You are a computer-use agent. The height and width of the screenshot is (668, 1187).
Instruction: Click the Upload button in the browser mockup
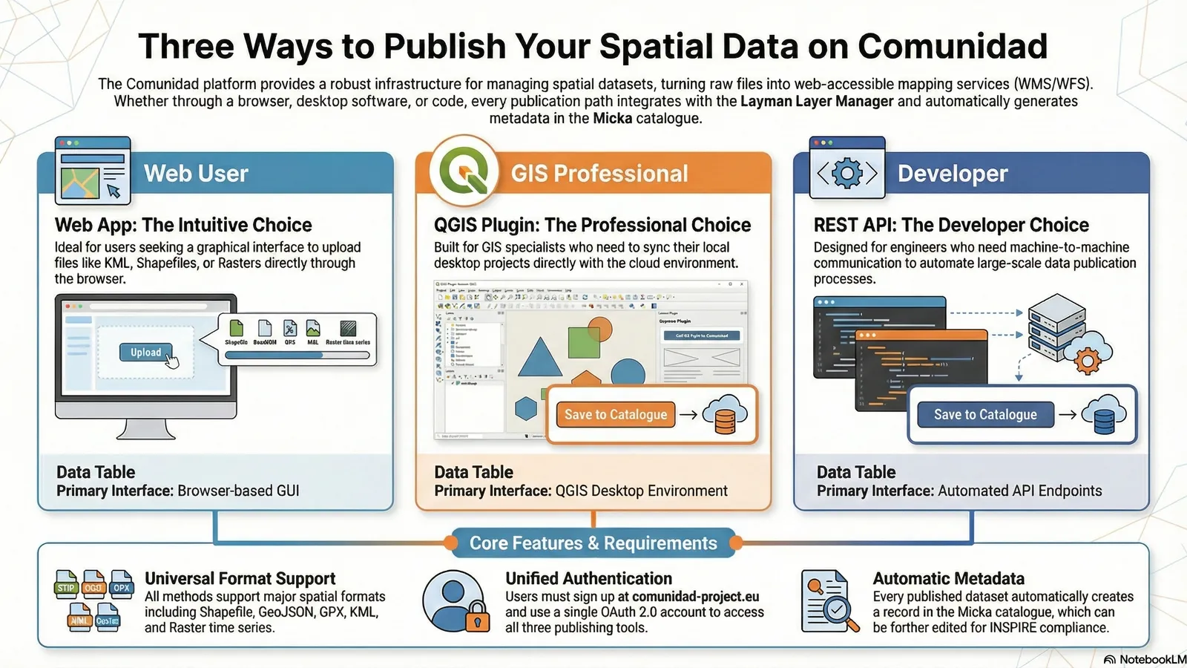point(146,353)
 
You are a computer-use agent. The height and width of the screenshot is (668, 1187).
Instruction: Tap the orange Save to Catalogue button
point(615,414)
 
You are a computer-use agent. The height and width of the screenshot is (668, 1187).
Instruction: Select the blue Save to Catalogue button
point(984,414)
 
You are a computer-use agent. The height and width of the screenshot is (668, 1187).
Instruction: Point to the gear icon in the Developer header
point(847,174)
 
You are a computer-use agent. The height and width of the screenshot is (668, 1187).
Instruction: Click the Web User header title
point(196,173)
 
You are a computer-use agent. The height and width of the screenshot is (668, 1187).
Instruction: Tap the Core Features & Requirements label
point(593,543)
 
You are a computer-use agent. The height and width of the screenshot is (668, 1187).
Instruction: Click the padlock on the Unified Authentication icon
point(478,619)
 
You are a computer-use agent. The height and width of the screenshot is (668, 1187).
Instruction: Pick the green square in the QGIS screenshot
point(583,342)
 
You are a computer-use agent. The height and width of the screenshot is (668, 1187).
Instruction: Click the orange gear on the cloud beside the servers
point(1088,361)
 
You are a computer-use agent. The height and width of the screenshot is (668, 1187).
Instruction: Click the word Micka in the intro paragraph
point(612,119)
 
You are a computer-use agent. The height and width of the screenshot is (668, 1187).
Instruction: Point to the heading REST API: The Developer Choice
point(951,225)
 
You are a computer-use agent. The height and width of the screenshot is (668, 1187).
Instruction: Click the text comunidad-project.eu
point(695,597)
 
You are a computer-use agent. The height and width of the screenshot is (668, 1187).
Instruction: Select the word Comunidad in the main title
point(953,46)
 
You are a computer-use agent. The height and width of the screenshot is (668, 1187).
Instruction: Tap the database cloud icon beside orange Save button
point(724,415)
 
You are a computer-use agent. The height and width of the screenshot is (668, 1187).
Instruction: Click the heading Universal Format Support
point(240,578)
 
